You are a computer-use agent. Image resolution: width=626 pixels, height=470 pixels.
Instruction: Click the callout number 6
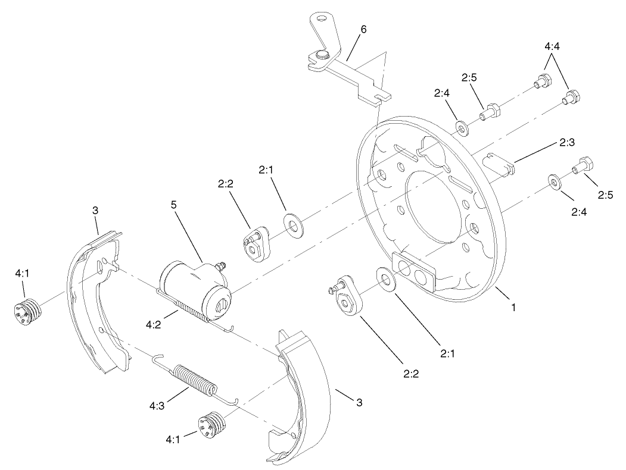(x=363, y=29)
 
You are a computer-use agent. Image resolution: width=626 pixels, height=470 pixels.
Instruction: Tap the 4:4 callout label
(x=552, y=45)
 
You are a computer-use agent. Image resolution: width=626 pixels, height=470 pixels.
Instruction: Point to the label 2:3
(x=566, y=142)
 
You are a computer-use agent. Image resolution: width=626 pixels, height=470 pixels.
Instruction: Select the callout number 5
(x=174, y=205)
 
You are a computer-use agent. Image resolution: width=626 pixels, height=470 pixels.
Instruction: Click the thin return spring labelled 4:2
(x=191, y=310)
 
